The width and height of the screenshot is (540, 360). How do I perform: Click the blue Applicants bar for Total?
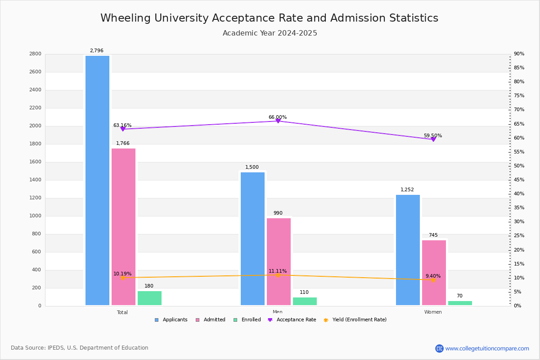point(97,180)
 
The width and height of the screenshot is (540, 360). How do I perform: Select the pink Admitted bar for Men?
point(279,261)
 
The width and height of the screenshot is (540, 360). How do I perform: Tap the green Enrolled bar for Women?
point(460,303)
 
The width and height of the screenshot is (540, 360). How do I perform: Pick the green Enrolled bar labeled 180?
point(149,298)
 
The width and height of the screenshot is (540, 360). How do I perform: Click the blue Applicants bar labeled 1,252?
point(408,250)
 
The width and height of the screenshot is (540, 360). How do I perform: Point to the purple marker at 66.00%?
point(278,121)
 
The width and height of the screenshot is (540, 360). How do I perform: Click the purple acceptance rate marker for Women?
point(433,139)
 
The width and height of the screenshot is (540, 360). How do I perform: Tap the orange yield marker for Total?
point(123,278)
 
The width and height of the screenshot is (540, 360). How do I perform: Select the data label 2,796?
point(97,51)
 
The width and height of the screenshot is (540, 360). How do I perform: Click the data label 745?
point(433,235)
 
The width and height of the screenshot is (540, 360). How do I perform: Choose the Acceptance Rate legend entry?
point(292,320)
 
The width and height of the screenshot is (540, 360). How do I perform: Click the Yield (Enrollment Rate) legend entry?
point(355,320)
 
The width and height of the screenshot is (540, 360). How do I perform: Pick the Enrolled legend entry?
point(247,320)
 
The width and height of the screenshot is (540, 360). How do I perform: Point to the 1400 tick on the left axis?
point(35,180)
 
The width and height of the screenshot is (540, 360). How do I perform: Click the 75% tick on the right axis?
point(519,95)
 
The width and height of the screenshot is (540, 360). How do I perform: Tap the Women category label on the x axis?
point(433,312)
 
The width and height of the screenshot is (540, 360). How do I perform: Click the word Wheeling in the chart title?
point(126,18)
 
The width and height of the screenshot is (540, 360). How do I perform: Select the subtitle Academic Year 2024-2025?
point(270,33)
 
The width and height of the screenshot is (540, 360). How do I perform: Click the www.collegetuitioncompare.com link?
point(487,348)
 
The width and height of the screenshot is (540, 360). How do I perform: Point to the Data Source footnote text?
point(80,348)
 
